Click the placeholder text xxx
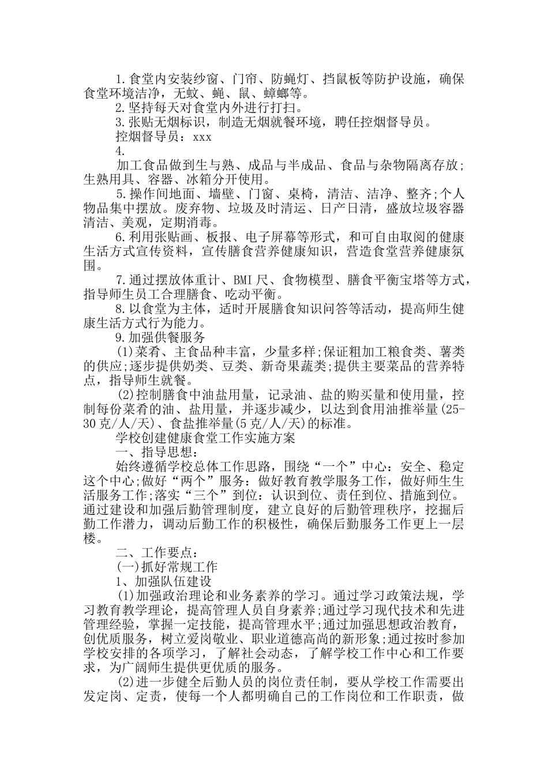click(202, 137)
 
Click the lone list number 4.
click(121, 151)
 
